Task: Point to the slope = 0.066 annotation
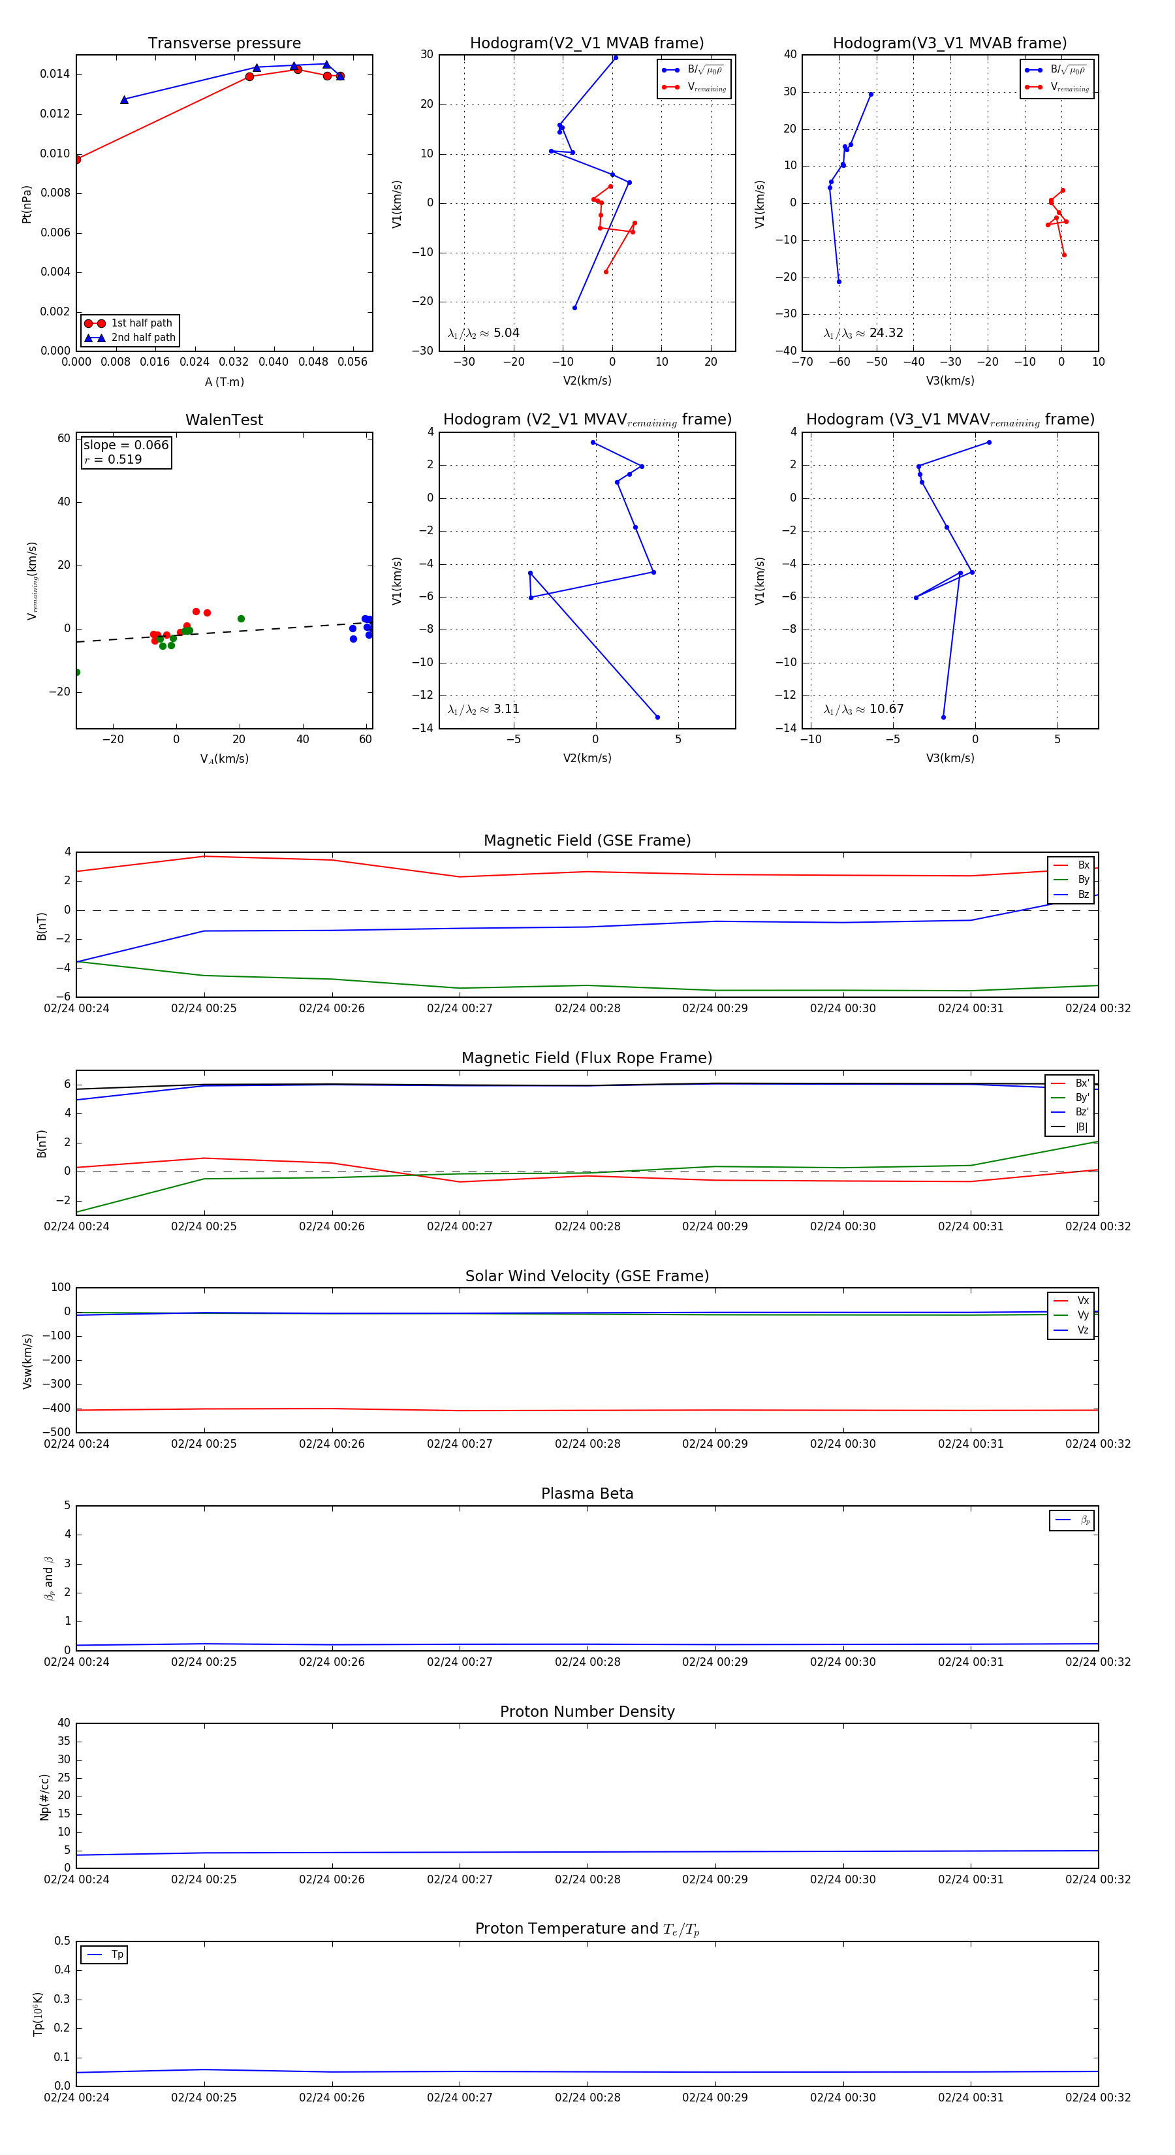[125, 445]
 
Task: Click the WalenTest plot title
[224, 420]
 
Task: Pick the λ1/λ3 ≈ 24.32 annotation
[863, 333]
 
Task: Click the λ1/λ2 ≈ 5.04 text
[483, 333]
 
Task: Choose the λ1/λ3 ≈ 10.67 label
[863, 709]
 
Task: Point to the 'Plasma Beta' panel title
[587, 1493]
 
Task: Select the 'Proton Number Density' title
[587, 1712]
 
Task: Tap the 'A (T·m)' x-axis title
[224, 381]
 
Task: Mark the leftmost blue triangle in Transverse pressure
[125, 99]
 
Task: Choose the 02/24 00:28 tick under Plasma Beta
[587, 1661]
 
